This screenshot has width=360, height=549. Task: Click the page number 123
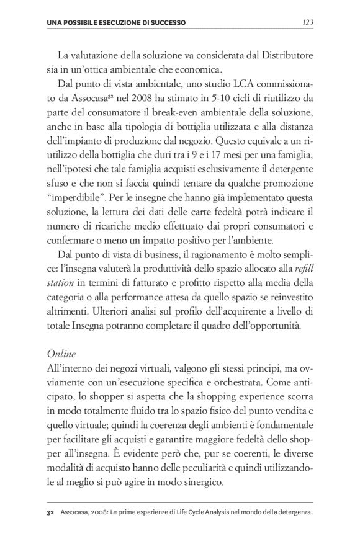coord(306,23)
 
